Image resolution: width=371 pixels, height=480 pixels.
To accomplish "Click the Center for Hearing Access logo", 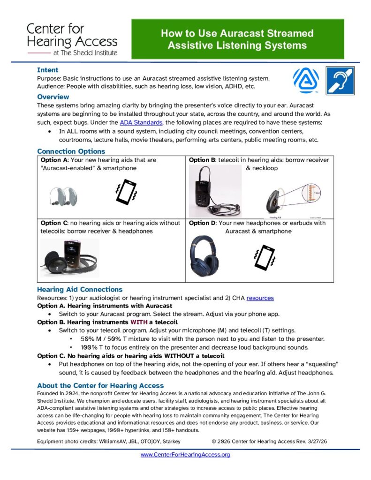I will pyautogui.click(x=72, y=39).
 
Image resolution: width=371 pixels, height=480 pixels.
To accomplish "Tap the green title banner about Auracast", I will pyautogui.click(x=237, y=39).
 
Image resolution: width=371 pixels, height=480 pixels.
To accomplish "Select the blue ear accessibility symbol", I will pyautogui.click(x=340, y=81).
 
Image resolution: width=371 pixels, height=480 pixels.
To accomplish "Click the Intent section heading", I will pyautogui.click(x=47, y=70).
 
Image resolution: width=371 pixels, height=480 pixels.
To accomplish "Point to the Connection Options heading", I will pyautogui.click(x=71, y=151).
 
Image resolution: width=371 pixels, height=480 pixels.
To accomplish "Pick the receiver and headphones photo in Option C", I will pyautogui.click(x=69, y=258).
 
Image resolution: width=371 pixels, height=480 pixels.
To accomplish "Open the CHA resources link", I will pyautogui.click(x=260, y=298).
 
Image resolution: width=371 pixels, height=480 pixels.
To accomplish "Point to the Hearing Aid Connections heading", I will pyautogui.click(x=79, y=289).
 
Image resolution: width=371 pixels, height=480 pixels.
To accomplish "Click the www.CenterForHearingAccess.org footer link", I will pyautogui.click(x=185, y=455).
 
